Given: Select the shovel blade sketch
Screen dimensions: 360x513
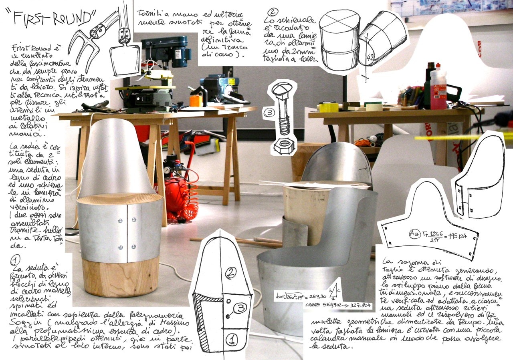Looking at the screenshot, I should tap(125, 58).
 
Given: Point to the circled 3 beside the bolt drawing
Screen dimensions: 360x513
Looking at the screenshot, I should tap(269, 113).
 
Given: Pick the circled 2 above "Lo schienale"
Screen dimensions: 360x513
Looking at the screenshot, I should tap(273, 12).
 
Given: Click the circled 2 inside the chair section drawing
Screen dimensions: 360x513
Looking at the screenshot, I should tap(231, 273).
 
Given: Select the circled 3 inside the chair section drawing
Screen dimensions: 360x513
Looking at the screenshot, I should tap(240, 308).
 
